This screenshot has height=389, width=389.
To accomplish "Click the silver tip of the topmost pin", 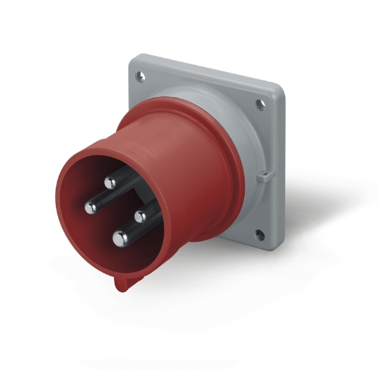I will [110, 182].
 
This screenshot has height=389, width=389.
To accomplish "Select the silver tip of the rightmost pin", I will [140, 211].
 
